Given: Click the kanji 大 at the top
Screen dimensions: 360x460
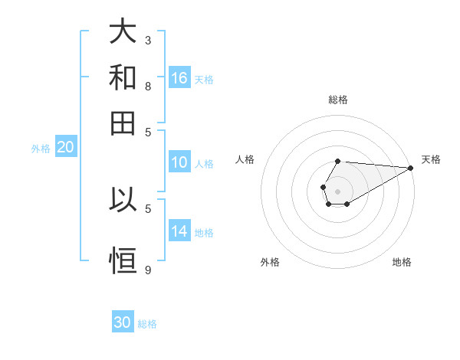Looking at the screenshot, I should point(123,33).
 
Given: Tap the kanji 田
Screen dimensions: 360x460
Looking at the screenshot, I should point(123,122).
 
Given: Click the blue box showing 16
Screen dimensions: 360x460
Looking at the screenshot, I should point(179,78).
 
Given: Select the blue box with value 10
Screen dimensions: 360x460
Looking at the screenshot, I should point(179,162).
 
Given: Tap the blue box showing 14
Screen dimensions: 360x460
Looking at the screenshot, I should point(179,231).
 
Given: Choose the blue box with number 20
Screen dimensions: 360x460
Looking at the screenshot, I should point(65,148).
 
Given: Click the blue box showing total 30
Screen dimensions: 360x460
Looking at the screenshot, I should point(123,322).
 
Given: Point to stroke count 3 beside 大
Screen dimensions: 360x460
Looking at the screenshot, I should point(148,39).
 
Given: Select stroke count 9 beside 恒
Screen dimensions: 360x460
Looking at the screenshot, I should point(148,270).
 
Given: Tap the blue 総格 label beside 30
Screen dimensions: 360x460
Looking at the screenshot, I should point(147,324).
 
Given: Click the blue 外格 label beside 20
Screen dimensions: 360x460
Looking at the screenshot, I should point(40,149).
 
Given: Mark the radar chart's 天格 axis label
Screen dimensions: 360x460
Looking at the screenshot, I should point(431,159).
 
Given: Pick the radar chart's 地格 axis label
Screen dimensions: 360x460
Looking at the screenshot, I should point(402,262).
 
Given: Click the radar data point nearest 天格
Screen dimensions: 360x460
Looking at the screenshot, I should point(410,168).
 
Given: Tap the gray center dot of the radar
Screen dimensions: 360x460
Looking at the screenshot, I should point(337,190).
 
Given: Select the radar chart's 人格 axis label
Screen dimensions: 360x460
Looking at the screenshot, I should point(245,159).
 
